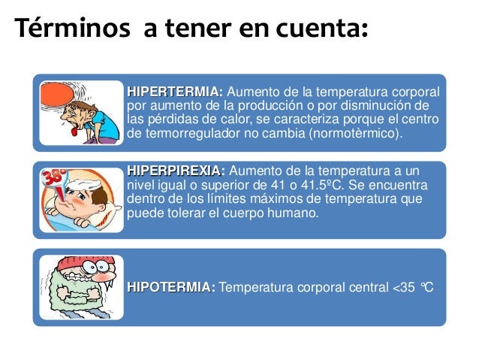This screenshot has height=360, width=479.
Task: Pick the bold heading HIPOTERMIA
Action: tap(171, 286)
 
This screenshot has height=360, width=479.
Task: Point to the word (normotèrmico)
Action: tap(356, 133)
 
